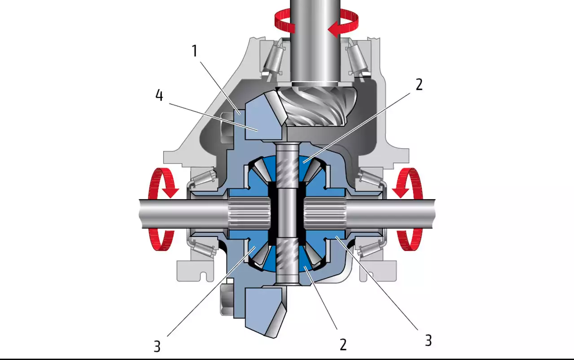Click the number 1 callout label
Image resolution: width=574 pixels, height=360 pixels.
point(195,51)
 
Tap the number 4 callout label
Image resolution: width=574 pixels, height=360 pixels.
point(159,95)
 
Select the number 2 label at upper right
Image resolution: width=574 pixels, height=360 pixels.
point(419,84)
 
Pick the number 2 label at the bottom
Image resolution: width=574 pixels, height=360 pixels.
point(343,344)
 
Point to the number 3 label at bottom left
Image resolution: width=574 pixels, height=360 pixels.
point(157,347)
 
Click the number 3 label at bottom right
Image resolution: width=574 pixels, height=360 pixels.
point(428,341)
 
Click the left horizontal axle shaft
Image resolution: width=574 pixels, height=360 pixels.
point(183,214)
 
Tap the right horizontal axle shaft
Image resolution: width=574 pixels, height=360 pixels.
point(391,214)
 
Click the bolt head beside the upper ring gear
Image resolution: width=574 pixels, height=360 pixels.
point(227,128)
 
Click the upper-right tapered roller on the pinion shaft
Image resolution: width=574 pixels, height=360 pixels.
point(357,60)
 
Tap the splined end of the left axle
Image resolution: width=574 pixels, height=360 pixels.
point(249,214)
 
